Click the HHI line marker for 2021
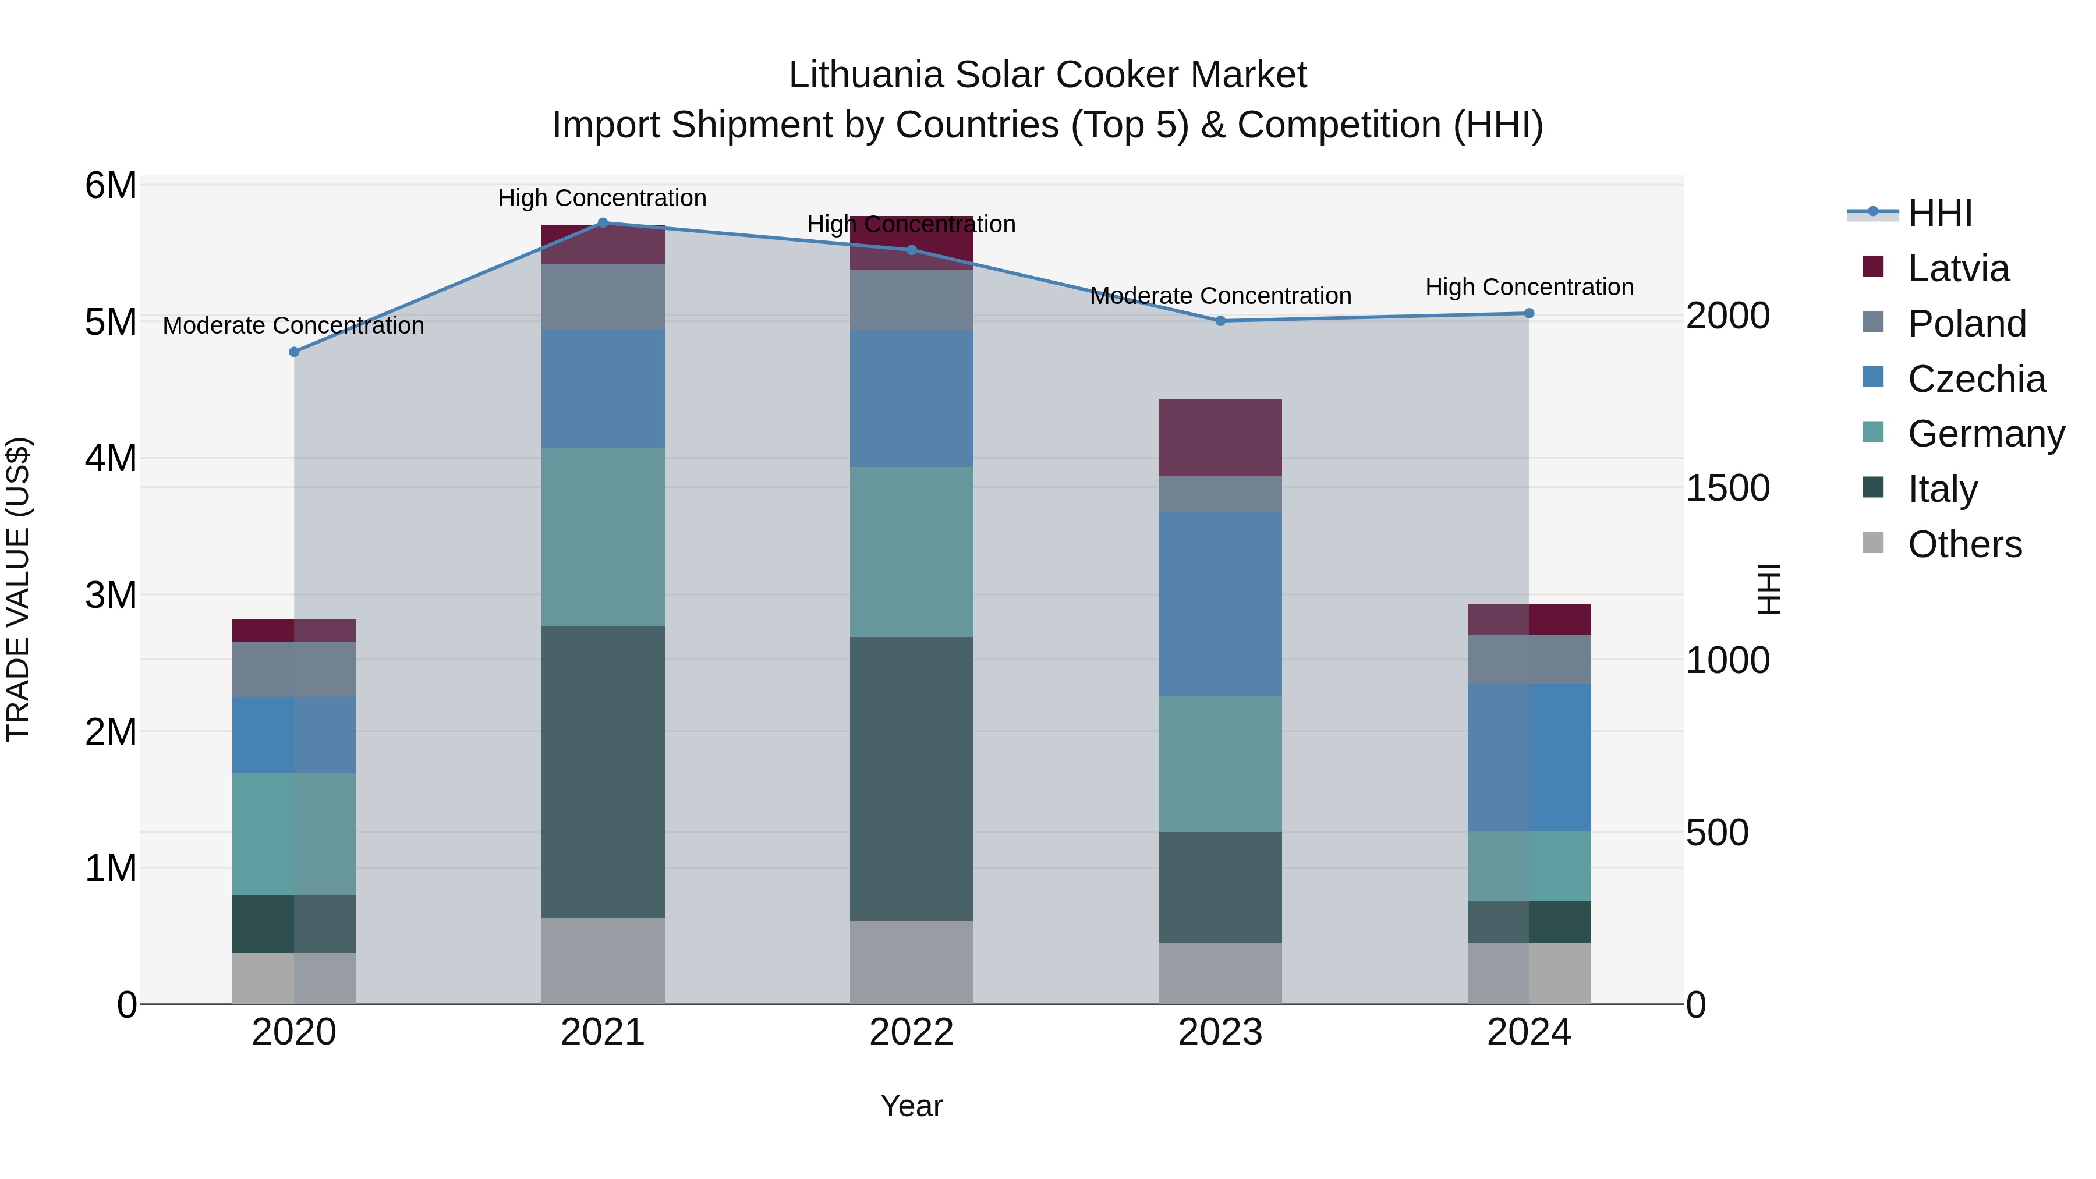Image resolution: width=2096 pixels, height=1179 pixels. tap(603, 222)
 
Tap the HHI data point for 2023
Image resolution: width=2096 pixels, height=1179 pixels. tap(1220, 321)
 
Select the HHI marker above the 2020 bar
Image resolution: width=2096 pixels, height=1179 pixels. tap(295, 352)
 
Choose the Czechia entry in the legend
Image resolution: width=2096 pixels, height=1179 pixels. tap(1975, 379)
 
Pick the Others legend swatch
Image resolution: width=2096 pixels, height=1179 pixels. tap(1873, 543)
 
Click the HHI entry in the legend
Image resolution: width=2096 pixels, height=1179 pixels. tap(1940, 213)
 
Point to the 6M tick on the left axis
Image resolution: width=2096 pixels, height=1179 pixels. tap(111, 186)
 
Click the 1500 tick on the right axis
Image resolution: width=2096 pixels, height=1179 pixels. tap(1727, 488)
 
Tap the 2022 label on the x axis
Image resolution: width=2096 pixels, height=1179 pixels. tap(911, 1032)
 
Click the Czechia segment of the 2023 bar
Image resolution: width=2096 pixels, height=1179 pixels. tap(1220, 603)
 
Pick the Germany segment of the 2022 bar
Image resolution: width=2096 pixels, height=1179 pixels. tap(911, 552)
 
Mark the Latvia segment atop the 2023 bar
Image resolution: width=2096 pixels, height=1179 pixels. tap(1220, 438)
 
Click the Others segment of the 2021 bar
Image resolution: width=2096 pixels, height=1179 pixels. tap(603, 961)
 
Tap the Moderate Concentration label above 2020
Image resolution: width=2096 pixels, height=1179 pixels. tap(294, 325)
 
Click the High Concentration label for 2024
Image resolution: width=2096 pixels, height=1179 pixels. tap(1529, 287)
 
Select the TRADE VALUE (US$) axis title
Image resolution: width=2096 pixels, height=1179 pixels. tap(18, 589)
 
